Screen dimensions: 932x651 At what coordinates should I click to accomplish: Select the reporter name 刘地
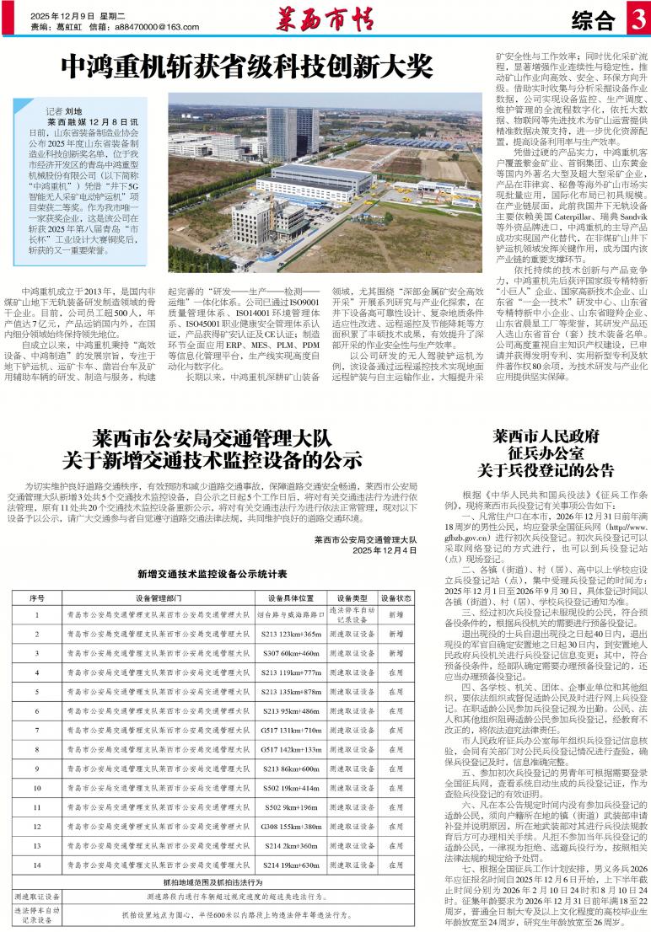[74, 110]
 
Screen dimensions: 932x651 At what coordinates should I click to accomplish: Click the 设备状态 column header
[395, 597]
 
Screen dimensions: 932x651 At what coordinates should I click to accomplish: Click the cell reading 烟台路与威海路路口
[290, 615]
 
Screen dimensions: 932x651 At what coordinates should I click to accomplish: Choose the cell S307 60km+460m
[290, 652]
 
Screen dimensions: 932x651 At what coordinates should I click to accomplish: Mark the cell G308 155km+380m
[290, 826]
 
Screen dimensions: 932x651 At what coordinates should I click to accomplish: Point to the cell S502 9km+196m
[290, 806]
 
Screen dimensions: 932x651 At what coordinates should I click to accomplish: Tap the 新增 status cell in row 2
[395, 633]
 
